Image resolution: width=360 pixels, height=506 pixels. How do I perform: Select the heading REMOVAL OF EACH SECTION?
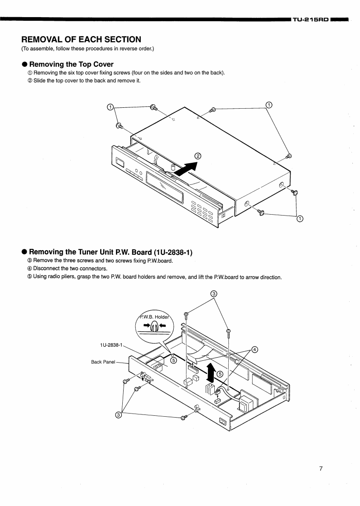(81, 40)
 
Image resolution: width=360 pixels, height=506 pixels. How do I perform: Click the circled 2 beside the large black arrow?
(197, 156)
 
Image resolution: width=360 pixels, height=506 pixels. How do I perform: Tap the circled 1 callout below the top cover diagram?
(300, 219)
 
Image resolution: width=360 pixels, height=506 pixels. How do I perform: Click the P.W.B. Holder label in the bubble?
(154, 316)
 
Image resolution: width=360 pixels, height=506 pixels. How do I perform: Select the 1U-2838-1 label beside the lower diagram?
(111, 345)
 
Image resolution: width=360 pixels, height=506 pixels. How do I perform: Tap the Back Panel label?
(103, 362)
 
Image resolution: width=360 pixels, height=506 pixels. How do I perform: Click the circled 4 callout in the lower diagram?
(254, 350)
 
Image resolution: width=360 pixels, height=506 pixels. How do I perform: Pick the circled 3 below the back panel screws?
(118, 415)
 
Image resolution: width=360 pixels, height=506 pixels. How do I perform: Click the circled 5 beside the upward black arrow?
(220, 374)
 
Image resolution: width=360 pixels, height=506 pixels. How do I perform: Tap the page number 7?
(321, 469)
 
